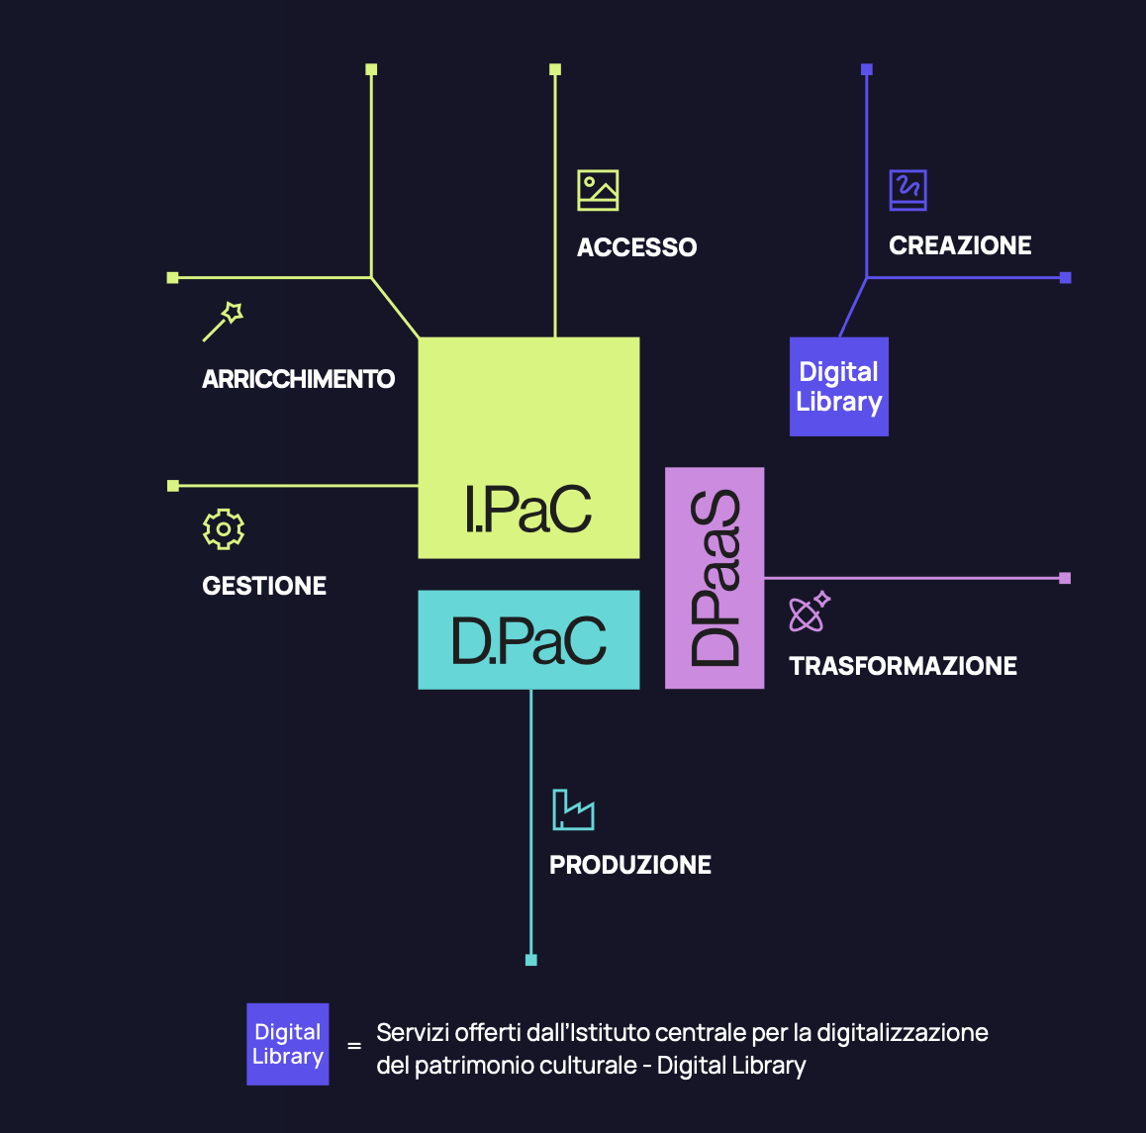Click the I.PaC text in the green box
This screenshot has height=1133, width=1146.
[x=528, y=510]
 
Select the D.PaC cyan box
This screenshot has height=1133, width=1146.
[x=528, y=640]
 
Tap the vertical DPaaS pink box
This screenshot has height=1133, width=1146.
[x=715, y=578]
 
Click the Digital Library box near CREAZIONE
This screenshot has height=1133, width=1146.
[x=839, y=387]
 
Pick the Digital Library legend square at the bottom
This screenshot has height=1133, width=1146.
[x=288, y=1045]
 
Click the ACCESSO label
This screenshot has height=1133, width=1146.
[x=637, y=247]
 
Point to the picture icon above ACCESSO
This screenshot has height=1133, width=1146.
[x=598, y=190]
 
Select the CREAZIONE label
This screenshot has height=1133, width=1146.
[x=960, y=245]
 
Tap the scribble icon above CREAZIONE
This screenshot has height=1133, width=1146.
[x=907, y=189]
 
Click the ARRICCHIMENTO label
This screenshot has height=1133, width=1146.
[x=298, y=379]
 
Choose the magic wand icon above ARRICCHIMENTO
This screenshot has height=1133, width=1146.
[x=223, y=322]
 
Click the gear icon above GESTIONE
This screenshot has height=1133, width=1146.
[x=224, y=529]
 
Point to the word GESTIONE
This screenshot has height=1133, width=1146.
[x=264, y=586]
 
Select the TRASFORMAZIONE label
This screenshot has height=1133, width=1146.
[x=903, y=666]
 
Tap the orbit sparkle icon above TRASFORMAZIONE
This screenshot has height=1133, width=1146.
[x=809, y=613]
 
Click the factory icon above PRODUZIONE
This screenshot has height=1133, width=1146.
[x=573, y=809]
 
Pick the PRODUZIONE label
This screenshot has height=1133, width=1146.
[x=630, y=865]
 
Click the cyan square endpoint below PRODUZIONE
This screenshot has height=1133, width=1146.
[x=531, y=960]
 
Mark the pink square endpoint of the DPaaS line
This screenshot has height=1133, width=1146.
[x=1065, y=578]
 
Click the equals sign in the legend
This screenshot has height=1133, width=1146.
[x=354, y=1046]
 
